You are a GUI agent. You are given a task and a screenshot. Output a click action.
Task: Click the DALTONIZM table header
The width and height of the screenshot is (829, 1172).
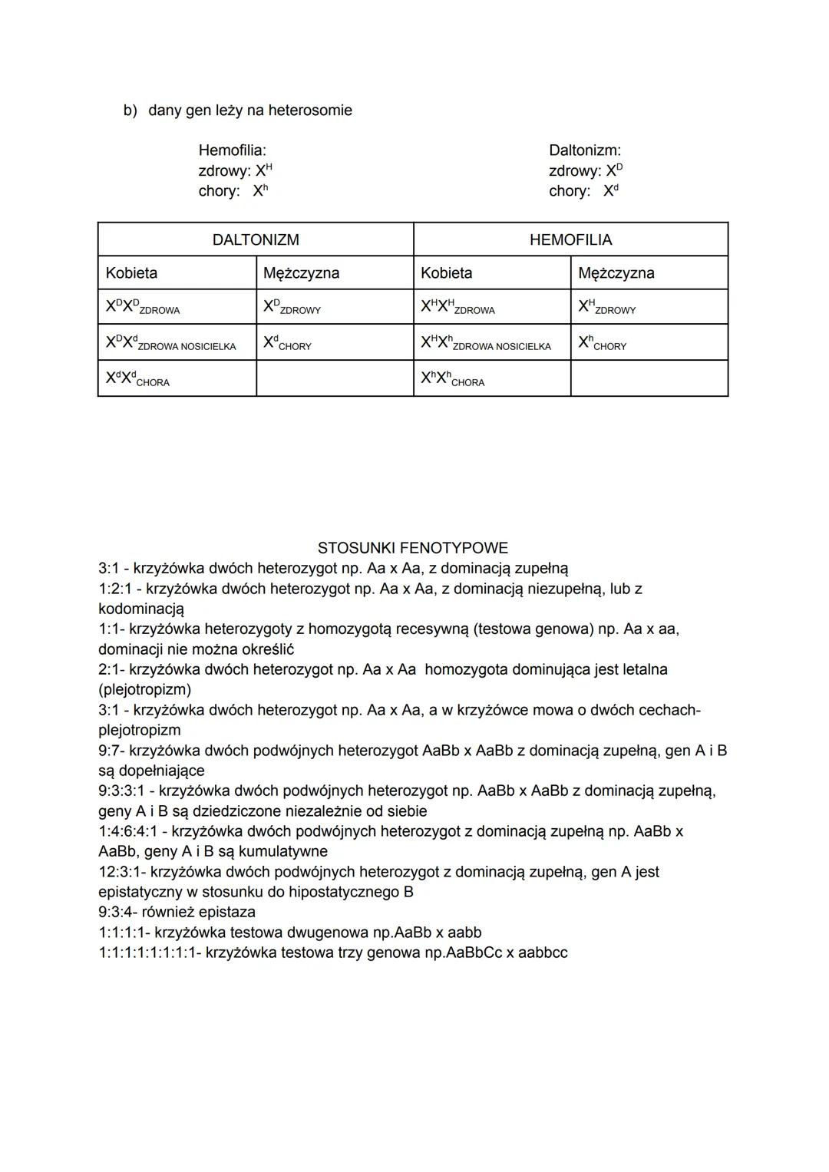point(256,240)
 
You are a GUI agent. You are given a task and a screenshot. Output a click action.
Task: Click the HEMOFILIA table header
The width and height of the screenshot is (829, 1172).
point(570,240)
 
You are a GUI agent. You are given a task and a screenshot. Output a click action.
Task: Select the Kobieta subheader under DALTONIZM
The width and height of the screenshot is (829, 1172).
point(131,273)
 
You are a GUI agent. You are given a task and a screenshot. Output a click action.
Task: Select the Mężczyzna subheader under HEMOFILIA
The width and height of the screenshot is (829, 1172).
point(616,273)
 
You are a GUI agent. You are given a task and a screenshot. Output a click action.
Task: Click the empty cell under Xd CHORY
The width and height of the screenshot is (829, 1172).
point(334,378)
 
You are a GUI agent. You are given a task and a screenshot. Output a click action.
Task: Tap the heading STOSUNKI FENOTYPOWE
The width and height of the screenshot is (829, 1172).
point(412,548)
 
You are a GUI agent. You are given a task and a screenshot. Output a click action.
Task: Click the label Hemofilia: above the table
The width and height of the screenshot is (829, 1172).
point(232,150)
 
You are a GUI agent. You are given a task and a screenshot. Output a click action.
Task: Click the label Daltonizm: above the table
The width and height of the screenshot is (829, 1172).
point(584,150)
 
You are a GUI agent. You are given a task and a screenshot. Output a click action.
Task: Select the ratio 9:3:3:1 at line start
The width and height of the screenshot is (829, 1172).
point(124,791)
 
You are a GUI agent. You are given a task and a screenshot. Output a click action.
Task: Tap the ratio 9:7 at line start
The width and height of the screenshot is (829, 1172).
point(111,750)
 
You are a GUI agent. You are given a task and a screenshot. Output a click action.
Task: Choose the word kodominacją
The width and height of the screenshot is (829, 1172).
point(141,609)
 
